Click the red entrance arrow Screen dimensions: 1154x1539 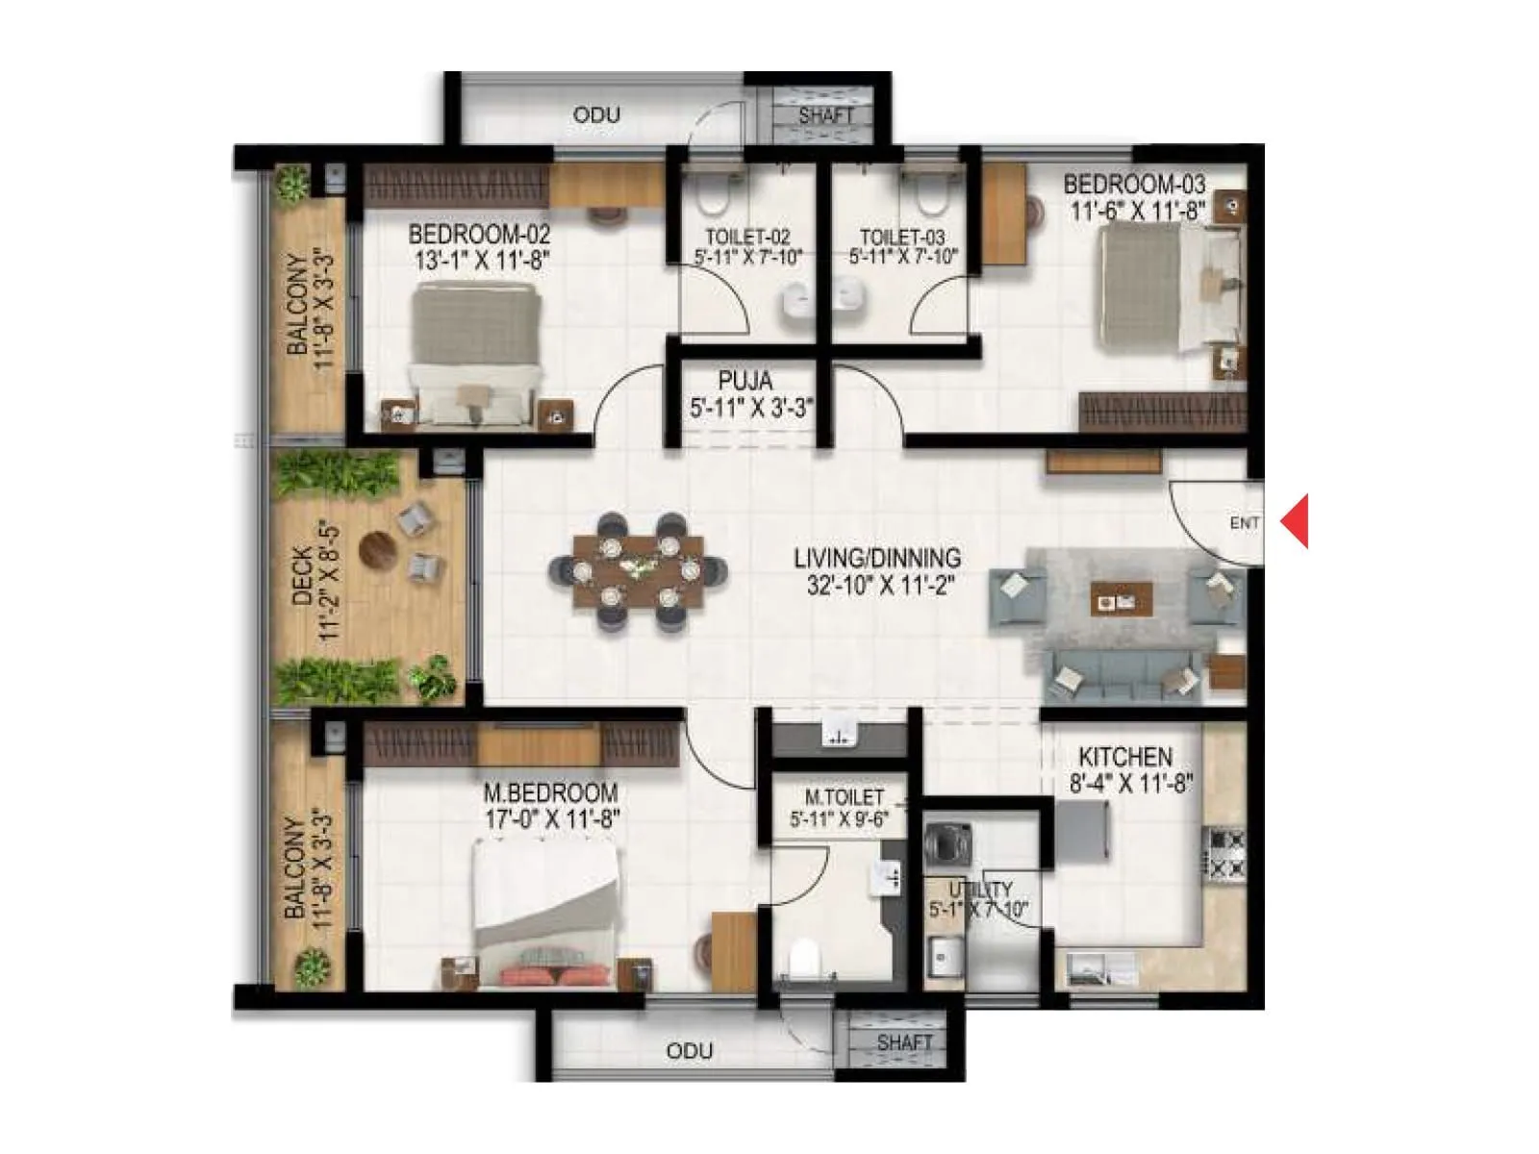coord(1297,521)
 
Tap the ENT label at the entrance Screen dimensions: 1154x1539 coord(1244,523)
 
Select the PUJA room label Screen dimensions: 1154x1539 coord(745,381)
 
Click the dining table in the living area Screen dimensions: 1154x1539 coord(638,571)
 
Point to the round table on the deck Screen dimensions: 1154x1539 coord(377,550)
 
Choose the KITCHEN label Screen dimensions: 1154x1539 coord(1125,757)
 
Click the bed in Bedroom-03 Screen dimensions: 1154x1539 coord(1169,288)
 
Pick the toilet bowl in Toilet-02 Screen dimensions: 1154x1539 coord(712,197)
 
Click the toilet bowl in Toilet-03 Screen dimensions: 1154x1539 coord(930,197)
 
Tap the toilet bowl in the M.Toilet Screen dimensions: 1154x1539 coord(802,958)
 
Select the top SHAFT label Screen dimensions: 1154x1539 coord(826,115)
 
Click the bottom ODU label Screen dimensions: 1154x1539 coord(690,1051)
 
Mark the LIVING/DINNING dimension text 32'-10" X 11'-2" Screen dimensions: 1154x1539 coord(880,584)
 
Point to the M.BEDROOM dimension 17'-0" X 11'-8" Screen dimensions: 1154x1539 coord(552,819)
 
